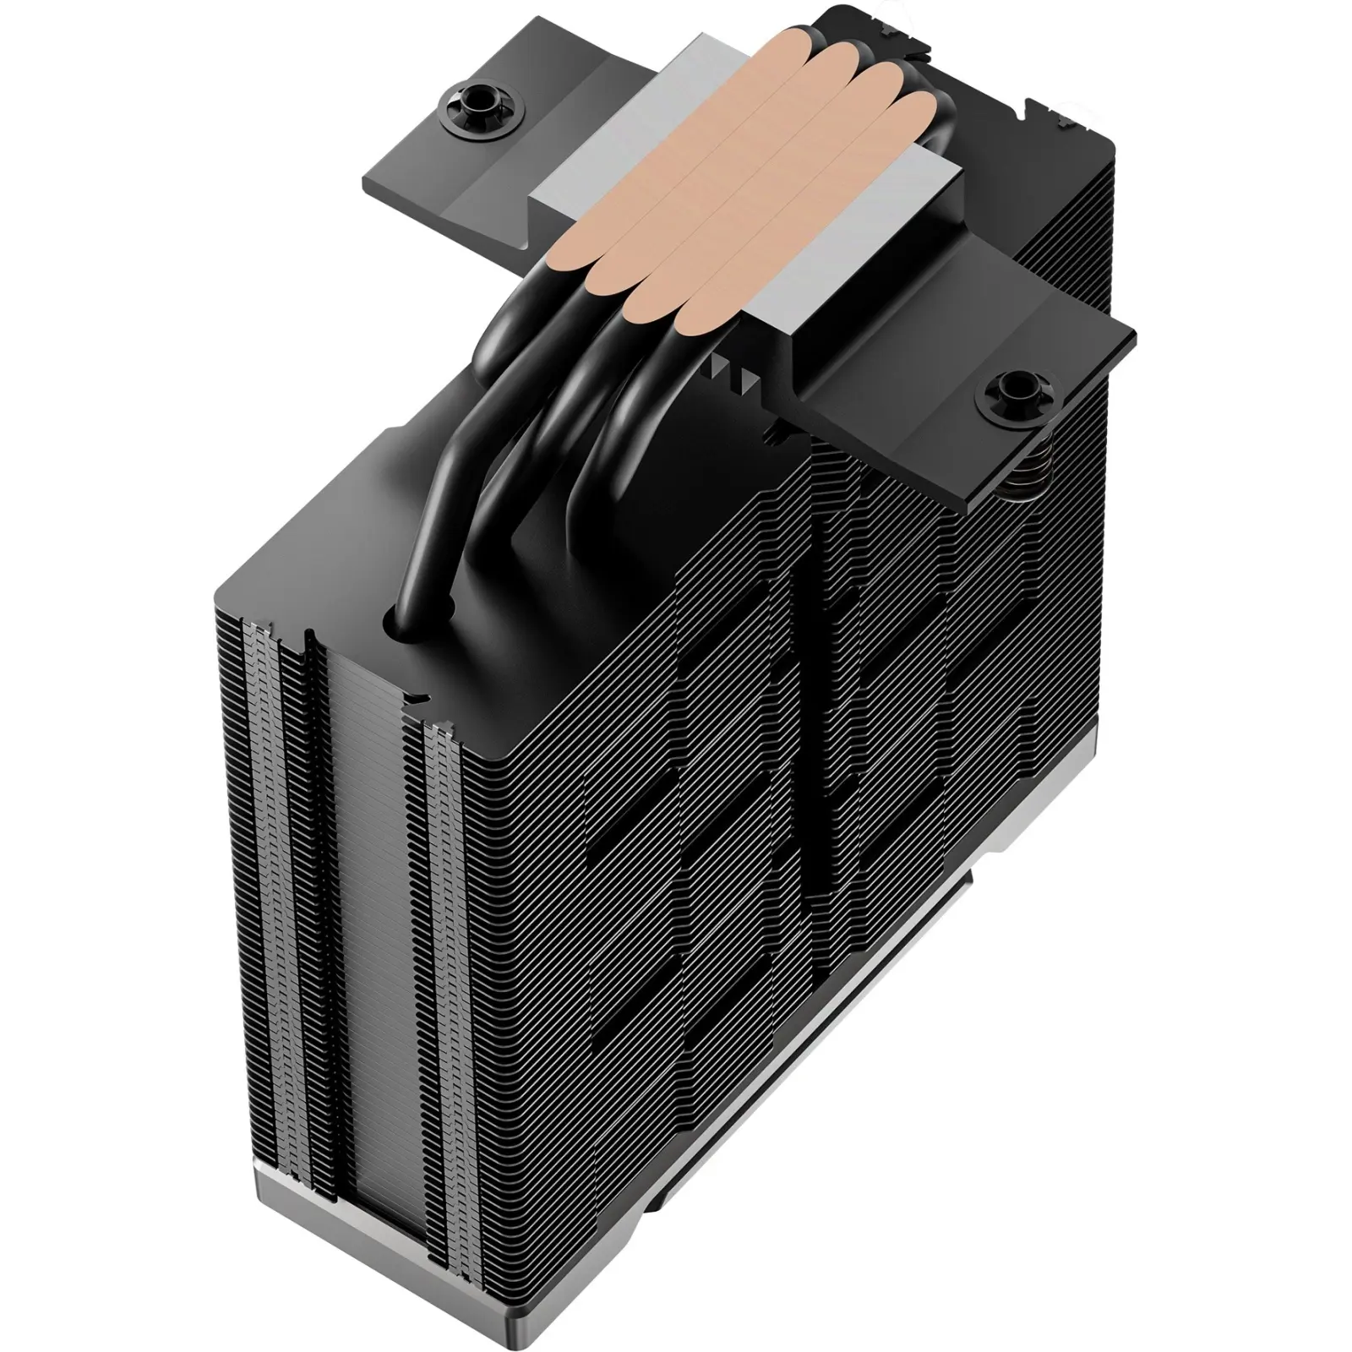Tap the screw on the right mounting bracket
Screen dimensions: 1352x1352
point(1011,390)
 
